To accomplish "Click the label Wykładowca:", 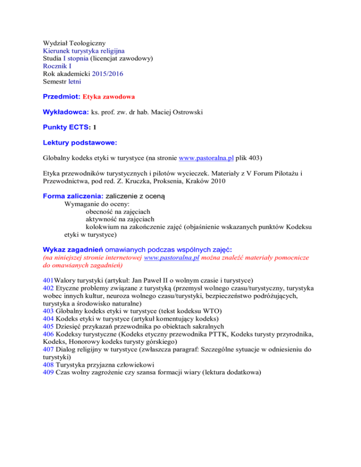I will pos(65,112).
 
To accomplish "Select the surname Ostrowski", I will pos(192,112).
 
